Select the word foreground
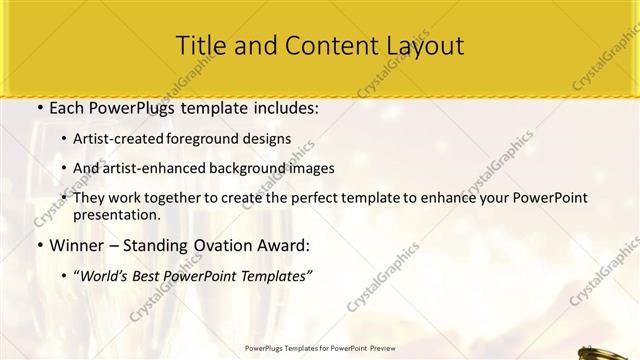pos(207,139)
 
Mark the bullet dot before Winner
pos(39,245)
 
